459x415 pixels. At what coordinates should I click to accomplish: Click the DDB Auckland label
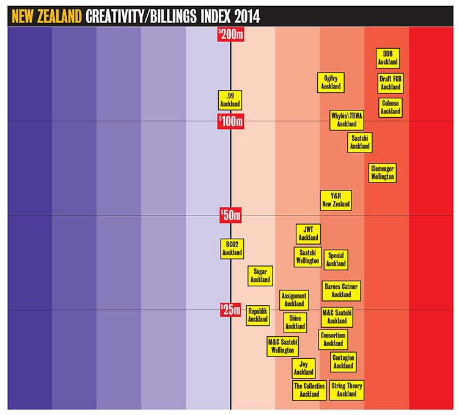(387, 59)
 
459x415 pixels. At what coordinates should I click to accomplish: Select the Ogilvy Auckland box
(331, 82)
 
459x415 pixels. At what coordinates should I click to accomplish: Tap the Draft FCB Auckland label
(390, 83)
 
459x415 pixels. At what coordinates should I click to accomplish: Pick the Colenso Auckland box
(390, 107)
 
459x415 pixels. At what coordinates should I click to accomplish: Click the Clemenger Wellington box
(382, 172)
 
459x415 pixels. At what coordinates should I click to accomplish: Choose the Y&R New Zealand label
(336, 200)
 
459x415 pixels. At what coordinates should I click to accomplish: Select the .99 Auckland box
(230, 100)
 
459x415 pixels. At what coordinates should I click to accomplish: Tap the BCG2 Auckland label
(232, 248)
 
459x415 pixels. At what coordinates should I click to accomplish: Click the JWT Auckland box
(309, 233)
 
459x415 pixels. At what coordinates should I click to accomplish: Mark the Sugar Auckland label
(260, 275)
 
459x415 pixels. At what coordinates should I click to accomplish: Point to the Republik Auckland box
(258, 315)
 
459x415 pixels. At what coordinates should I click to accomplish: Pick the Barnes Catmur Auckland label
(341, 290)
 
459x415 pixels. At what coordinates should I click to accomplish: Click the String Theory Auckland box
(347, 389)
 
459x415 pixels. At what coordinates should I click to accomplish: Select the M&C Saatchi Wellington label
(282, 346)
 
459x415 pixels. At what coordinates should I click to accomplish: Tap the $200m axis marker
(231, 35)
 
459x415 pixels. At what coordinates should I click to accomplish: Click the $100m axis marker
(231, 121)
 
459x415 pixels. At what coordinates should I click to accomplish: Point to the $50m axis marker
(231, 215)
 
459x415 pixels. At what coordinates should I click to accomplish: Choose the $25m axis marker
(231, 310)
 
